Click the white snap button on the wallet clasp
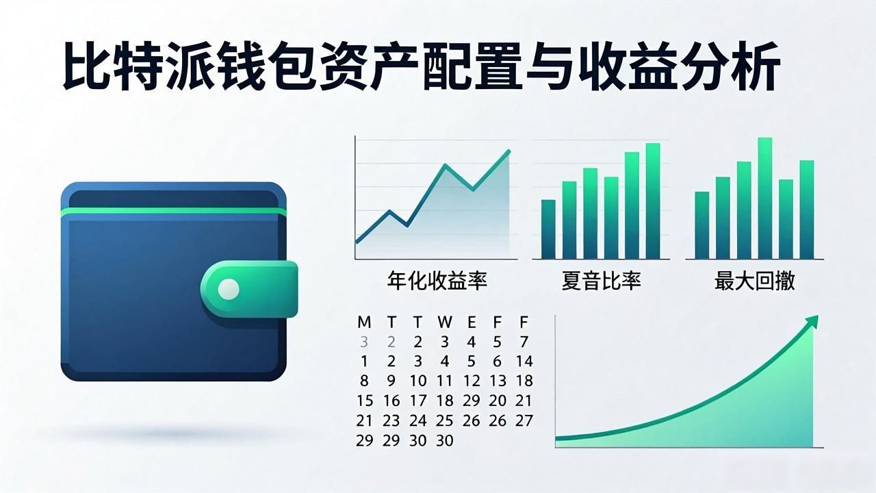point(229,289)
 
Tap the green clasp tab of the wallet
point(249,289)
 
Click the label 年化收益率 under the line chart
point(437,281)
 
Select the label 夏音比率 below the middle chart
point(601,281)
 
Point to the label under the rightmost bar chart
point(755,281)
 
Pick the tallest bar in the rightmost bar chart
point(765,198)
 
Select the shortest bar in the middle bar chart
point(548,229)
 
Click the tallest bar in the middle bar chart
point(653,201)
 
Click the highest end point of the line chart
point(508,151)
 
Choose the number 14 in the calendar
point(524,361)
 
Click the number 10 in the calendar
point(417,381)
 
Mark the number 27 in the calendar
point(524,420)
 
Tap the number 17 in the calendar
point(417,401)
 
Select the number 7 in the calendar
point(524,342)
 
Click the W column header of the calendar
point(445,323)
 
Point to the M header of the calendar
point(364,323)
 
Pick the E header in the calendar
point(472,323)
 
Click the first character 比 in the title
point(86,67)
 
